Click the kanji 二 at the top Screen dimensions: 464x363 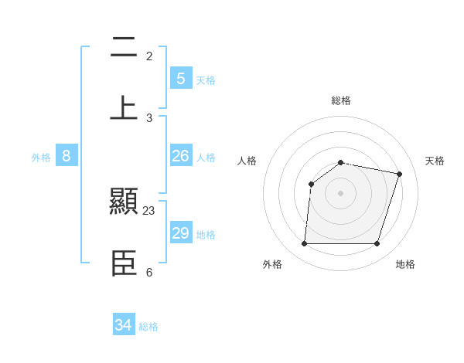coord(124,49)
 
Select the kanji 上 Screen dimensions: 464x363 coord(124,108)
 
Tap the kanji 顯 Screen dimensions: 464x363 coord(124,203)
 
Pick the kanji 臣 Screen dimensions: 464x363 coord(124,263)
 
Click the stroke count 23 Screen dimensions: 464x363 coord(149,211)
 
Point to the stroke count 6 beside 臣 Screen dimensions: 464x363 coord(149,272)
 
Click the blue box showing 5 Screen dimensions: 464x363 coord(181,78)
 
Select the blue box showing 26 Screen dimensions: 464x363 coord(181,156)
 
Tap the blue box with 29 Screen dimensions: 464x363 coord(181,233)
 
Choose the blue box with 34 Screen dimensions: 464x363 coord(124,325)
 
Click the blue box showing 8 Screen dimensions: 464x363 coord(67,156)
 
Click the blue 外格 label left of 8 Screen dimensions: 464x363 coord(41,158)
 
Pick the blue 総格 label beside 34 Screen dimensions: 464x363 coord(148,327)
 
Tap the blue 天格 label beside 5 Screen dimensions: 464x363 coord(206,80)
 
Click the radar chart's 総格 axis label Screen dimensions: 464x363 coord(341,100)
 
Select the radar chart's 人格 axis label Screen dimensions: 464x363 coord(247,161)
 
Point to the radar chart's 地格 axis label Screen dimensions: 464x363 coord(405,264)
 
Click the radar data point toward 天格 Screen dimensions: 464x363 coord(399,174)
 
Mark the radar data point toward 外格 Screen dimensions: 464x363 coord(305,244)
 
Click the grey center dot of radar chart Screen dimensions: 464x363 coord(341,193)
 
